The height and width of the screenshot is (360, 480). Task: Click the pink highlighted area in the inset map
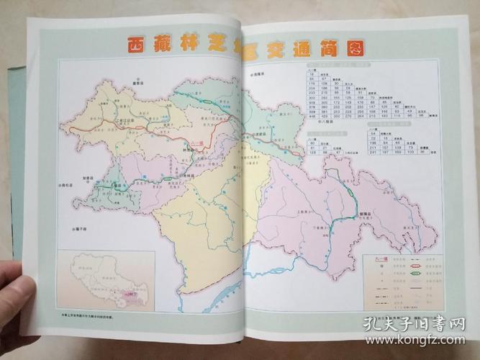click(x=132, y=294)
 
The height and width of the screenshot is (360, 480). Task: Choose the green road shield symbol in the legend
click(x=417, y=272)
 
